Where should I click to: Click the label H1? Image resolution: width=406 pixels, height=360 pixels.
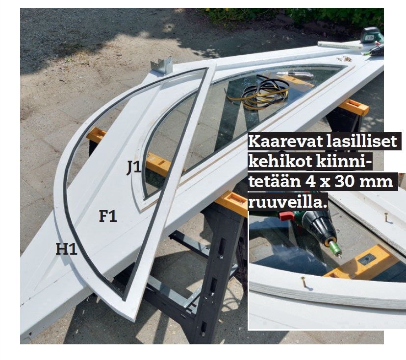click(67, 249)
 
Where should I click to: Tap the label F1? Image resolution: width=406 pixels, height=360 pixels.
click(108, 216)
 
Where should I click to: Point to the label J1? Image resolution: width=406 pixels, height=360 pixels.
click(134, 167)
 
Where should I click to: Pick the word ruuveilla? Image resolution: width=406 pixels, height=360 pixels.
click(286, 202)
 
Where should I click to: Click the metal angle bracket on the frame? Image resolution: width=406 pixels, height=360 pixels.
click(162, 66)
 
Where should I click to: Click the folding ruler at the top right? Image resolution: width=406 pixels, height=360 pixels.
click(340, 45)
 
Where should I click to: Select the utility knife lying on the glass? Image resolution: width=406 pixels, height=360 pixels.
click(295, 75)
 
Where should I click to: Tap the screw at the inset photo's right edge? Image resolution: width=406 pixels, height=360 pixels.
click(386, 217)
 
